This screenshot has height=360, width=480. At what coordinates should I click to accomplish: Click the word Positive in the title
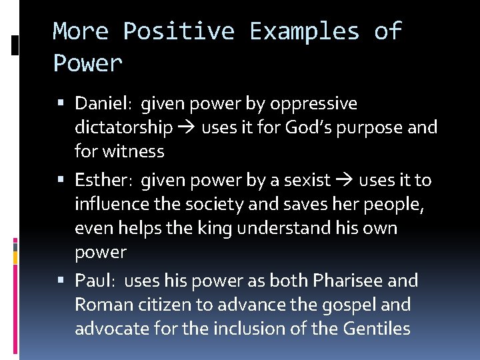click(179, 31)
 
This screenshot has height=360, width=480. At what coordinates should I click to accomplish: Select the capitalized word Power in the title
click(88, 63)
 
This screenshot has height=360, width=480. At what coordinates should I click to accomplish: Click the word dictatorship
click(123, 127)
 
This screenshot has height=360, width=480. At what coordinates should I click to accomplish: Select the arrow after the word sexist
click(345, 180)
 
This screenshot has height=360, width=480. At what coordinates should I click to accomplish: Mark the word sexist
click(308, 180)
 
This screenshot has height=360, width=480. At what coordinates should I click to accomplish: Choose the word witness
click(134, 151)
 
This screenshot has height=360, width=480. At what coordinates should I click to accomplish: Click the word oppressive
click(315, 104)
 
